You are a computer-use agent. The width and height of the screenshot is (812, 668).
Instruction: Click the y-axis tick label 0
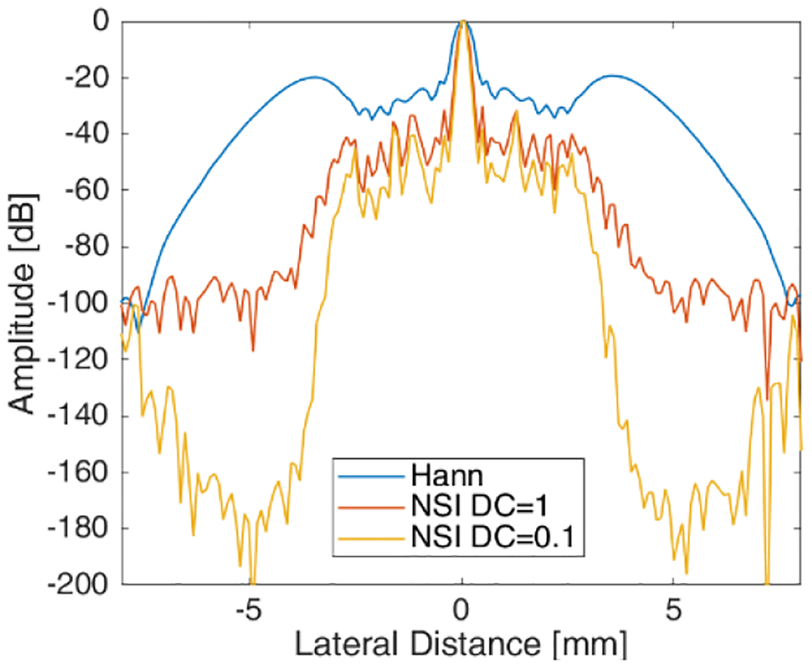102,21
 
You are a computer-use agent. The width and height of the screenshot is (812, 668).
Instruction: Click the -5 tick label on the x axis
248,609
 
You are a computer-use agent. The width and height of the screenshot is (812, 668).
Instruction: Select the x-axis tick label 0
461,609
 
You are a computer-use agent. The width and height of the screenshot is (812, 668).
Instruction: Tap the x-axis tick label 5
673,609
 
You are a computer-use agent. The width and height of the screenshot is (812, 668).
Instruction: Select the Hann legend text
447,476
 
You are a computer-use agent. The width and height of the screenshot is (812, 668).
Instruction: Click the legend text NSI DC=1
480,507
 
